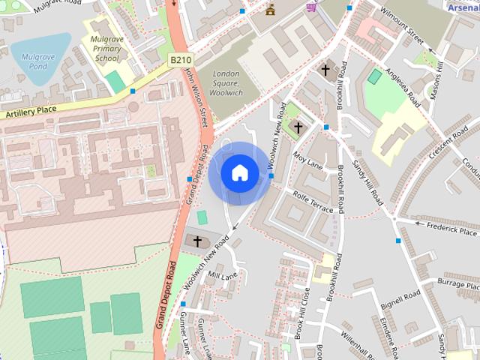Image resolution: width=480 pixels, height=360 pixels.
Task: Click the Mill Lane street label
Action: coord(222,277)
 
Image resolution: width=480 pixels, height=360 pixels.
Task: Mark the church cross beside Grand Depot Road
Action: coord(198,241)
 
